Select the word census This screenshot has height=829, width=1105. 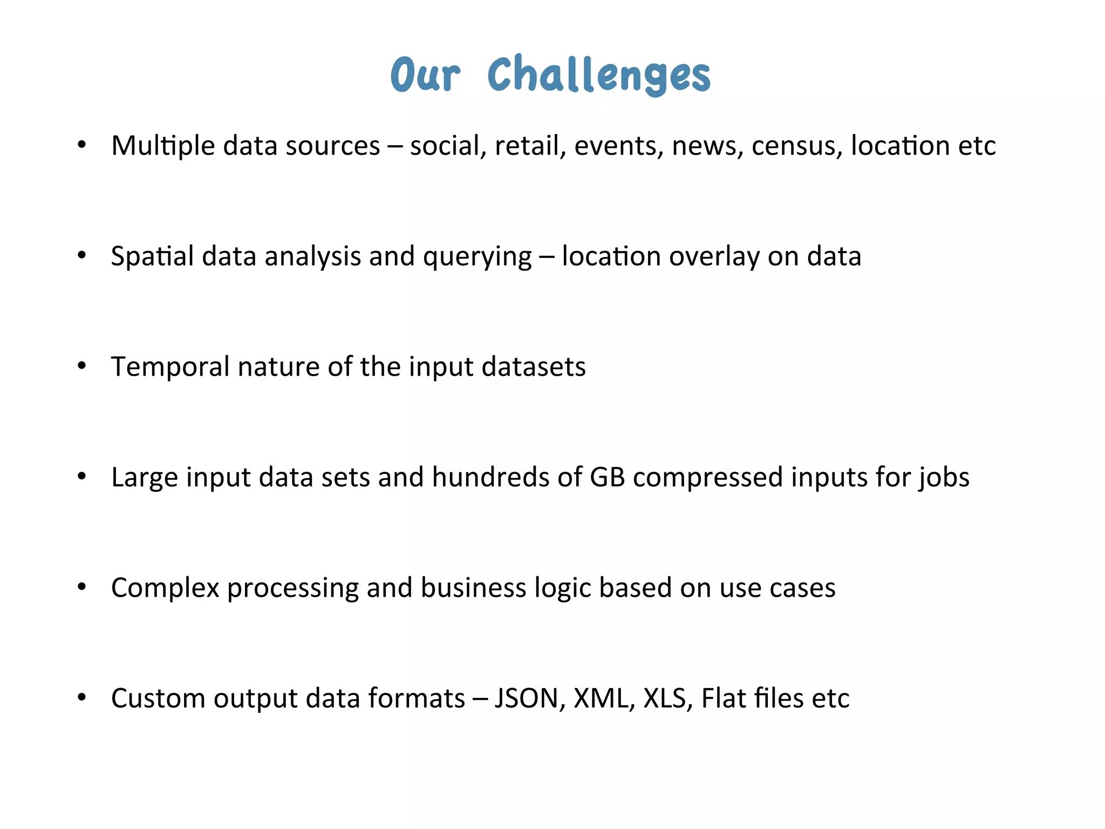796,146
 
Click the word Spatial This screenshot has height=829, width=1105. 152,256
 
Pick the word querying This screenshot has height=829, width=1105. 478,258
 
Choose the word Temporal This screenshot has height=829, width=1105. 170,367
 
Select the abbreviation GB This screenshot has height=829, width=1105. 607,477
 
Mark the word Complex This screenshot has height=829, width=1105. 165,588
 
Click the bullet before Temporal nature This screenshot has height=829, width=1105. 81,366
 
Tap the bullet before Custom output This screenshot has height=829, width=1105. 81,698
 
